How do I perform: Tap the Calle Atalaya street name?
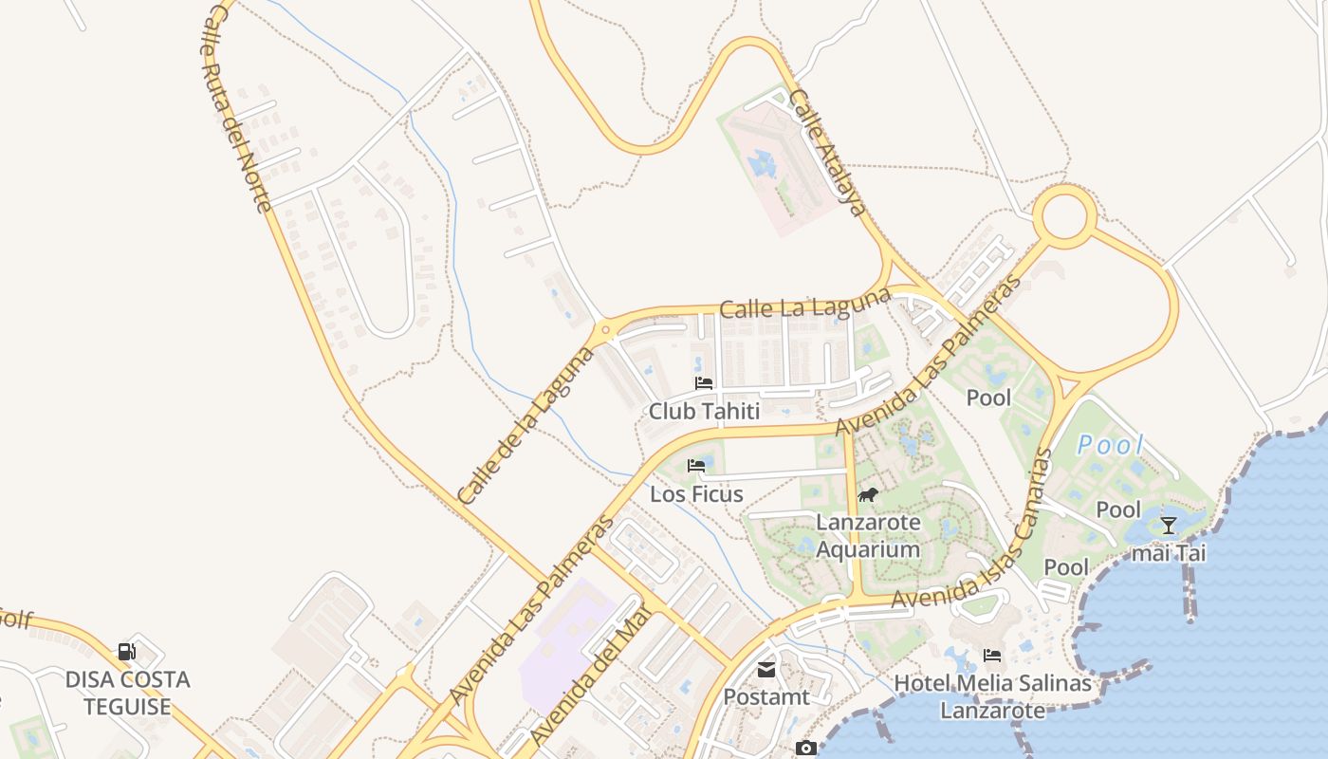click(x=829, y=153)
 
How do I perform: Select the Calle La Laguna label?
click(x=804, y=304)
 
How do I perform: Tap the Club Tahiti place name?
click(x=704, y=411)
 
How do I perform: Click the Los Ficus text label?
click(x=696, y=494)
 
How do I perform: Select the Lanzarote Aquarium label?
click(x=868, y=536)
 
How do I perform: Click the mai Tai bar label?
click(x=1168, y=552)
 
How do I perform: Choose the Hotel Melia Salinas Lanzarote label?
click(x=992, y=696)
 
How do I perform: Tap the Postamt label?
click(x=766, y=696)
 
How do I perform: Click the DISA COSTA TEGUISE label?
click(x=127, y=693)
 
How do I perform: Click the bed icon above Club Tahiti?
click(x=704, y=383)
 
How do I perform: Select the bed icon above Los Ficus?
click(x=696, y=466)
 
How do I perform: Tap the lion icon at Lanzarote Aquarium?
click(x=868, y=494)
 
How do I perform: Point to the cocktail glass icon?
click(x=1168, y=525)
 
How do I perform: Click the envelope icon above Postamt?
click(x=766, y=671)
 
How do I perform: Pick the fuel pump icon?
click(x=127, y=652)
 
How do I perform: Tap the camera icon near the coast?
click(x=805, y=749)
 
